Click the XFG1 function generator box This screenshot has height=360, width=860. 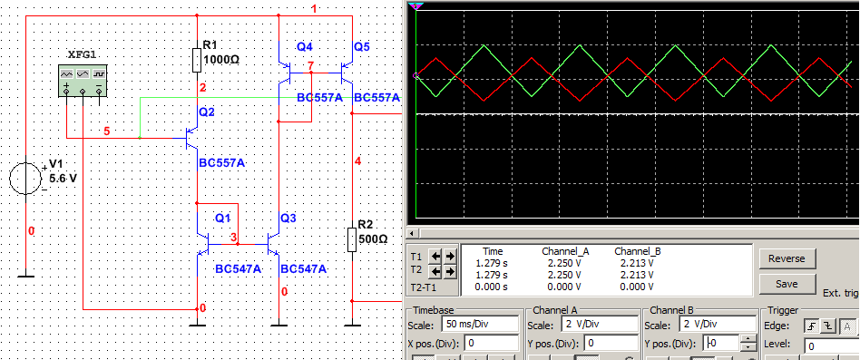(83, 81)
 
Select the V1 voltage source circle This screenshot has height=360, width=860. (25, 179)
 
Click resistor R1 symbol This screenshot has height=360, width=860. (197, 60)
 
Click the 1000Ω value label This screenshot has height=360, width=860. (221, 59)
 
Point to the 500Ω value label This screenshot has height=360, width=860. (373, 239)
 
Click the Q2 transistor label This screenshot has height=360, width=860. (207, 112)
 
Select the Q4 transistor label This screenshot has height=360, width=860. (305, 47)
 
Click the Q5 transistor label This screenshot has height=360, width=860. (362, 47)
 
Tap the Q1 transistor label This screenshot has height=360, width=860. (223, 218)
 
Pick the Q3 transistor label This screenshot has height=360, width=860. (288, 218)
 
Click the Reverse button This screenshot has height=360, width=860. (787, 258)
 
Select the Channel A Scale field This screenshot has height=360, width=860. (600, 324)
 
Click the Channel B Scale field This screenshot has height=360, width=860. (717, 324)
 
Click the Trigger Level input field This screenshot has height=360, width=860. (832, 345)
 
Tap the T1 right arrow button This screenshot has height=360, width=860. (450, 256)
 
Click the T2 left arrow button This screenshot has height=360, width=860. (435, 271)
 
